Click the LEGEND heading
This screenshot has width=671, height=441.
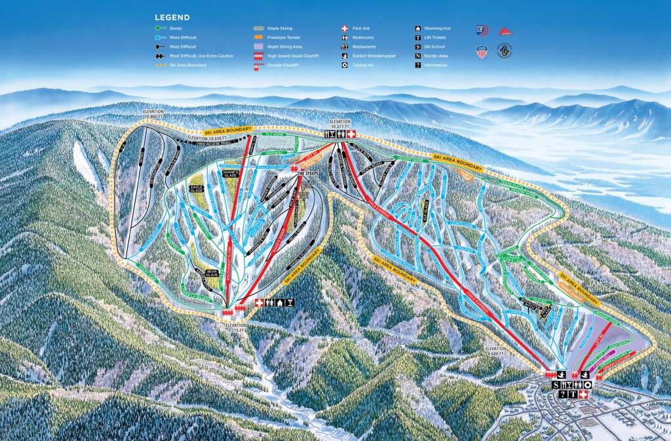point(172,18)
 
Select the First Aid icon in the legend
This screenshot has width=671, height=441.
point(344,29)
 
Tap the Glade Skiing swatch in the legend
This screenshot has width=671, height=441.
point(258,29)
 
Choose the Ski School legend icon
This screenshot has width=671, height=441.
point(417,47)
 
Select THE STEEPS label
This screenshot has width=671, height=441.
point(308,173)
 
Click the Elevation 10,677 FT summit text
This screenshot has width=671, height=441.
point(341,124)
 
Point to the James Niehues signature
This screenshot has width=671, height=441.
point(583,286)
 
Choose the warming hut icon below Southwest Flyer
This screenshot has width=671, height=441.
point(280,303)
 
